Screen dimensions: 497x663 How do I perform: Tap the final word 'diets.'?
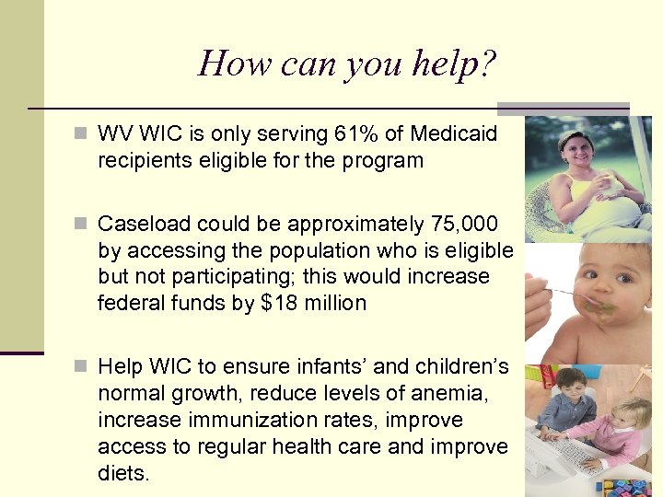(x=122, y=473)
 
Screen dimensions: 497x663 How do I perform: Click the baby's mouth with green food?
(x=602, y=305)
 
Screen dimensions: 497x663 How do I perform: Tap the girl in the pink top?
(x=622, y=428)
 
